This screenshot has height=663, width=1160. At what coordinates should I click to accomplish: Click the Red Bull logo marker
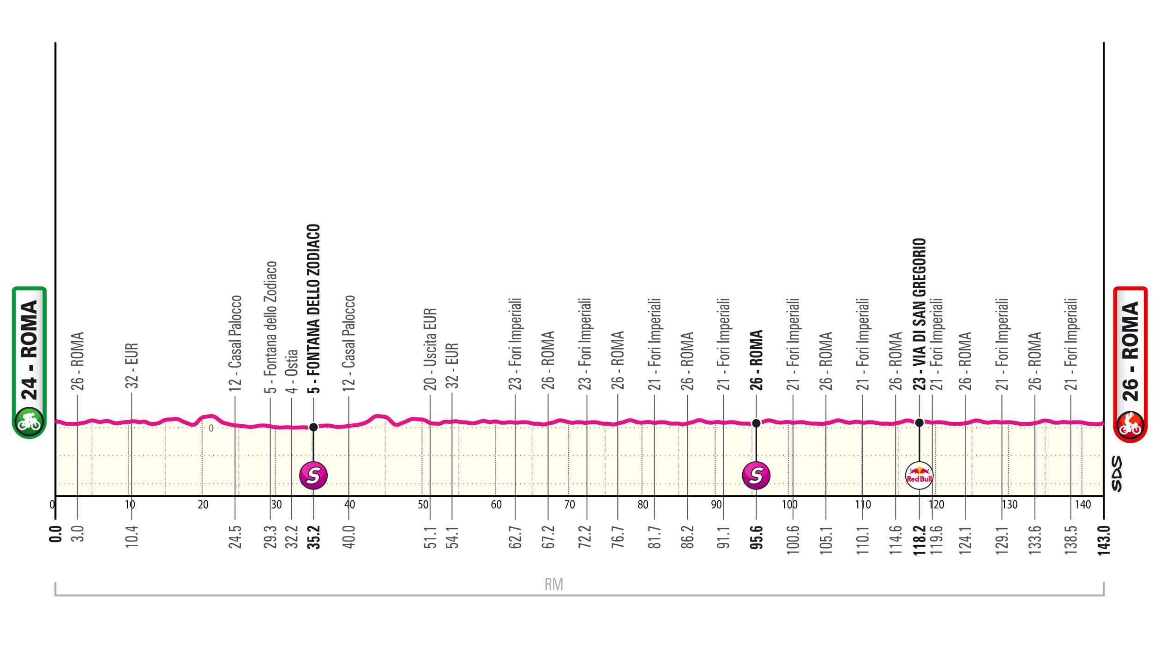(x=919, y=475)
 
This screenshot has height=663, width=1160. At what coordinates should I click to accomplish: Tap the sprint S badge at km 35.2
(x=313, y=475)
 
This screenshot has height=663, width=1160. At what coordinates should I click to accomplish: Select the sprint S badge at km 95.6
(x=756, y=475)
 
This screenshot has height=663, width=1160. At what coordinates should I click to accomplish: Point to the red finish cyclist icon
(x=1130, y=426)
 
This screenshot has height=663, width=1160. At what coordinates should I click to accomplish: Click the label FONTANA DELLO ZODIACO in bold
(x=313, y=308)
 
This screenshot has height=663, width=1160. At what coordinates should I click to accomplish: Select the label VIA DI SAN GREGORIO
(x=919, y=314)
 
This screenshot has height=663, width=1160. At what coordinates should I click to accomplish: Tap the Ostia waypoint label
(x=292, y=371)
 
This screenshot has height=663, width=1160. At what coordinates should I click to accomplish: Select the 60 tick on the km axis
(x=496, y=505)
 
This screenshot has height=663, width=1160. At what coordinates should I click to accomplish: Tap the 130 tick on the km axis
(x=1010, y=505)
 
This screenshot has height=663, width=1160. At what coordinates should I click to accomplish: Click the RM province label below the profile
(x=553, y=585)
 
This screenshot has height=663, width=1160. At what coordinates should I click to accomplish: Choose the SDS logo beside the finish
(x=1116, y=474)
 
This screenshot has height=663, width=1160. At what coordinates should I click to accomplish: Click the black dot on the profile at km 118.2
(x=919, y=422)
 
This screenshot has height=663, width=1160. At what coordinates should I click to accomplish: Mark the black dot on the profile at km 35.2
(x=313, y=427)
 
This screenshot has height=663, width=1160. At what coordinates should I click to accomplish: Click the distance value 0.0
(x=55, y=537)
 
